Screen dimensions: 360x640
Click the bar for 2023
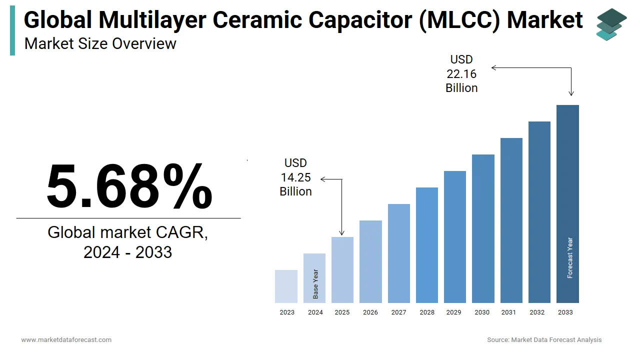(286, 286)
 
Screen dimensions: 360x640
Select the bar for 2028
(426, 245)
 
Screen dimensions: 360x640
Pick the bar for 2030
(483, 228)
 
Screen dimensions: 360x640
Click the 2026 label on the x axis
(370, 312)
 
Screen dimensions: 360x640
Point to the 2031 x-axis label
(508, 312)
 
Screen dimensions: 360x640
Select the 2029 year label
(453, 312)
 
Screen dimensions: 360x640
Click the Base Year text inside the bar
(315, 284)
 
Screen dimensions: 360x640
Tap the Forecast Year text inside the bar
(570, 257)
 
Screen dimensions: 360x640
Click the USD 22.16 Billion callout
(461, 74)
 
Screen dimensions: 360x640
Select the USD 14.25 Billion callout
(295, 177)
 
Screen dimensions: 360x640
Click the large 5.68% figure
(129, 186)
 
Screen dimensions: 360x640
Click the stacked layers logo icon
(611, 24)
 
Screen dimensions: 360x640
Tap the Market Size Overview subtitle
(100, 44)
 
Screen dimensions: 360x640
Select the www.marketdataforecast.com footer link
(66, 340)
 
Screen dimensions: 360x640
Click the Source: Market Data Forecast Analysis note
(544, 340)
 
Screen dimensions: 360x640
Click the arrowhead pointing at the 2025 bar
(342, 233)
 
